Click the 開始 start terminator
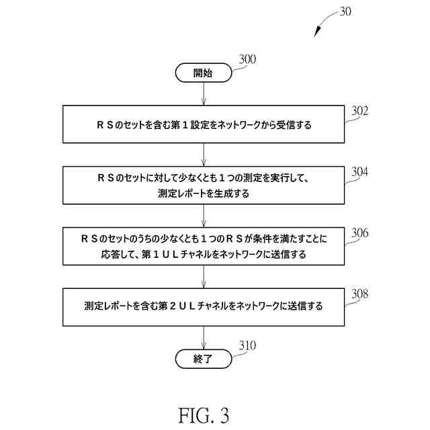[x=203, y=73]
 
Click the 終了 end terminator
[x=203, y=358]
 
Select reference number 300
[x=247, y=59]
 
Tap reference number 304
[x=359, y=173]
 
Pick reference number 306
[x=359, y=233]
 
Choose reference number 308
[x=359, y=294]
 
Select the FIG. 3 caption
[x=204, y=415]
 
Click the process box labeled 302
[x=204, y=125]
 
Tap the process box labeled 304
[x=204, y=185]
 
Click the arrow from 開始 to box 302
[x=204, y=94]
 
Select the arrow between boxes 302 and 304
[x=204, y=155]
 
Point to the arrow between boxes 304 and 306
[x=204, y=215]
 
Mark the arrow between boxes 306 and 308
[x=204, y=275]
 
